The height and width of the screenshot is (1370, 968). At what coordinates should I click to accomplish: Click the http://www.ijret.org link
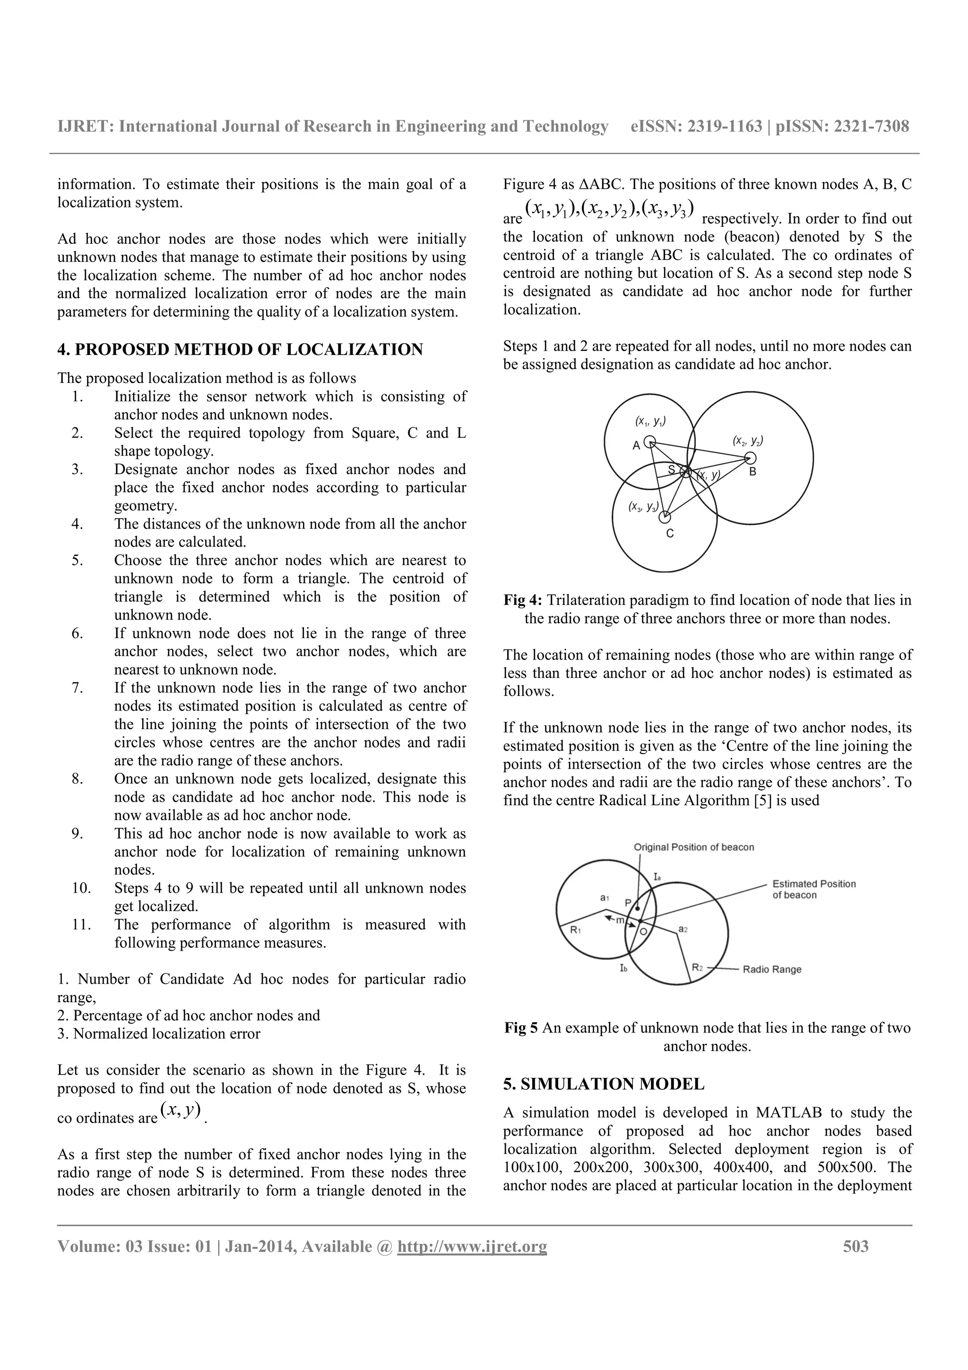pyautogui.click(x=472, y=1247)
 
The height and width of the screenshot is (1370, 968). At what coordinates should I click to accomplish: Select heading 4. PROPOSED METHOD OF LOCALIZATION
pyautogui.click(x=240, y=350)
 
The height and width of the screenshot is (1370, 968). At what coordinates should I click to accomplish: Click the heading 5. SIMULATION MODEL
pyautogui.click(x=604, y=1084)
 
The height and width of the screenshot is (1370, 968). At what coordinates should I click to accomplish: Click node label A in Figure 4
pyautogui.click(x=636, y=445)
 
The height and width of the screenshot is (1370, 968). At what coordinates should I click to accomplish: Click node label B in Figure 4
pyautogui.click(x=752, y=472)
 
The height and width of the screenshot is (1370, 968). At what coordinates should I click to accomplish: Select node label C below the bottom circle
pyautogui.click(x=670, y=533)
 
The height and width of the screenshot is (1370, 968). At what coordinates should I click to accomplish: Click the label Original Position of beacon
pyautogui.click(x=694, y=847)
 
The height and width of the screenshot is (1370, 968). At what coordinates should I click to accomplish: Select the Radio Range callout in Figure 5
pyautogui.click(x=772, y=970)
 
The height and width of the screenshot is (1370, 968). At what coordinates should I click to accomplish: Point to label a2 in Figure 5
pyautogui.click(x=683, y=929)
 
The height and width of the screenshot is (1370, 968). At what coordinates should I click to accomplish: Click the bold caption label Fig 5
pyautogui.click(x=521, y=1028)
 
